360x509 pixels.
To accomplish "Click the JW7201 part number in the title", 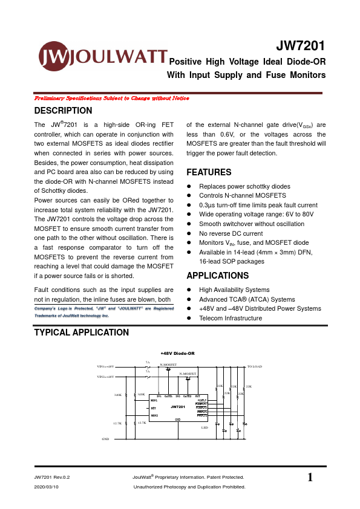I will point(301,47).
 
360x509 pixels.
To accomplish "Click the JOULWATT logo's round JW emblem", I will point(53,58).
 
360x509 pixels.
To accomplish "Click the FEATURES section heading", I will point(209,172).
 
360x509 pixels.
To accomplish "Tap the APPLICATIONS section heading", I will point(218,276).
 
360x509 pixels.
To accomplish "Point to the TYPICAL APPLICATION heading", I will point(81,332).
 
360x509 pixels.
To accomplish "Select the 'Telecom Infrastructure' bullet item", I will point(231,318).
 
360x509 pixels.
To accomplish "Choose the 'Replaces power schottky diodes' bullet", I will point(244,186).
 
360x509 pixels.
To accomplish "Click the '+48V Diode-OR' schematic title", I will point(177,353).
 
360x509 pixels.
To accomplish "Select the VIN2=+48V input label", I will point(105,376).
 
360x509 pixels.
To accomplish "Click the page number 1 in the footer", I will point(310,478).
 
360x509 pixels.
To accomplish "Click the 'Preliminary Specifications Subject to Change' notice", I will point(111,98).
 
